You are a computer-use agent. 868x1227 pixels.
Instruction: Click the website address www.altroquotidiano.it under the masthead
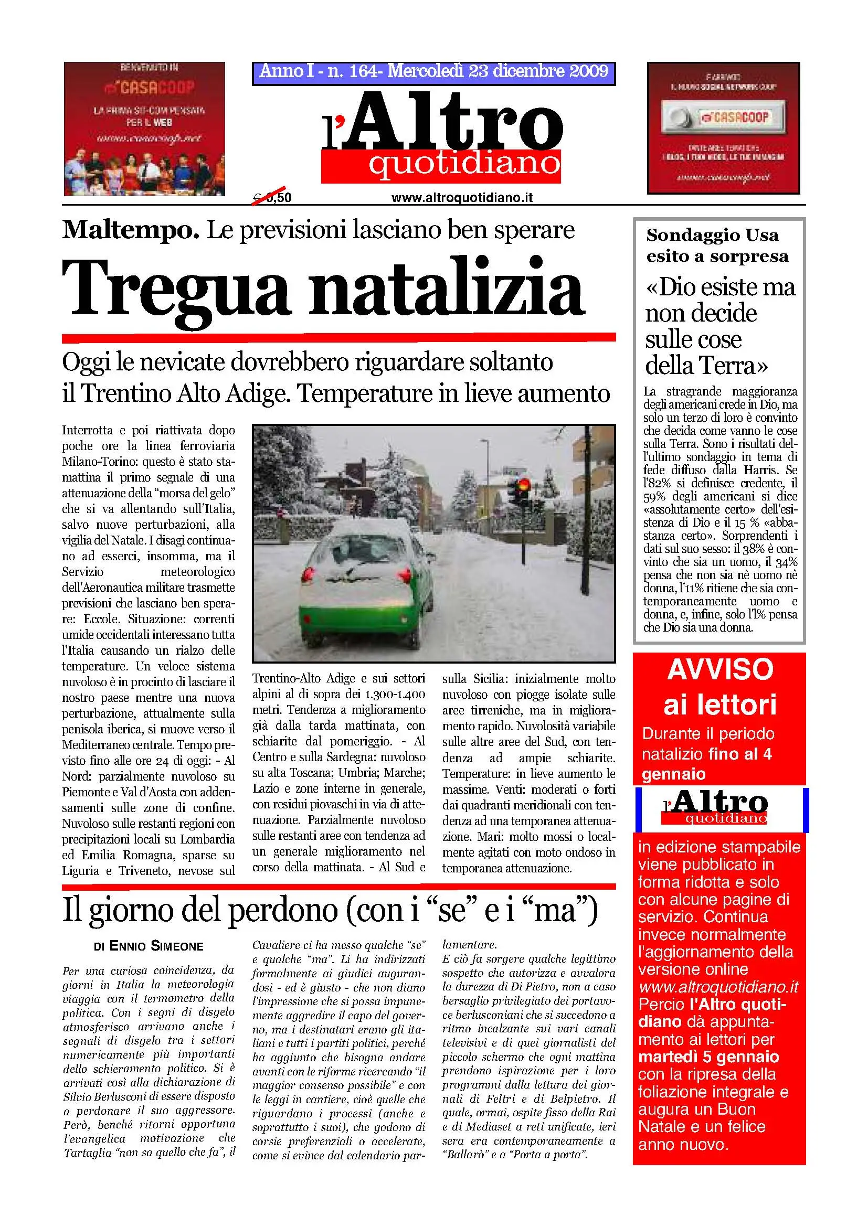click(x=462, y=198)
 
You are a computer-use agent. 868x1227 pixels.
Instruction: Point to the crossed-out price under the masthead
click(x=272, y=197)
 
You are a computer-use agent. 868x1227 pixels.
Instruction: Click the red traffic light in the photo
click(x=523, y=485)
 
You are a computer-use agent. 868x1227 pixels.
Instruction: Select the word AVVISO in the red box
click(x=720, y=669)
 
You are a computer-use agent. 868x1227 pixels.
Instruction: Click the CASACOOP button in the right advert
click(x=723, y=117)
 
